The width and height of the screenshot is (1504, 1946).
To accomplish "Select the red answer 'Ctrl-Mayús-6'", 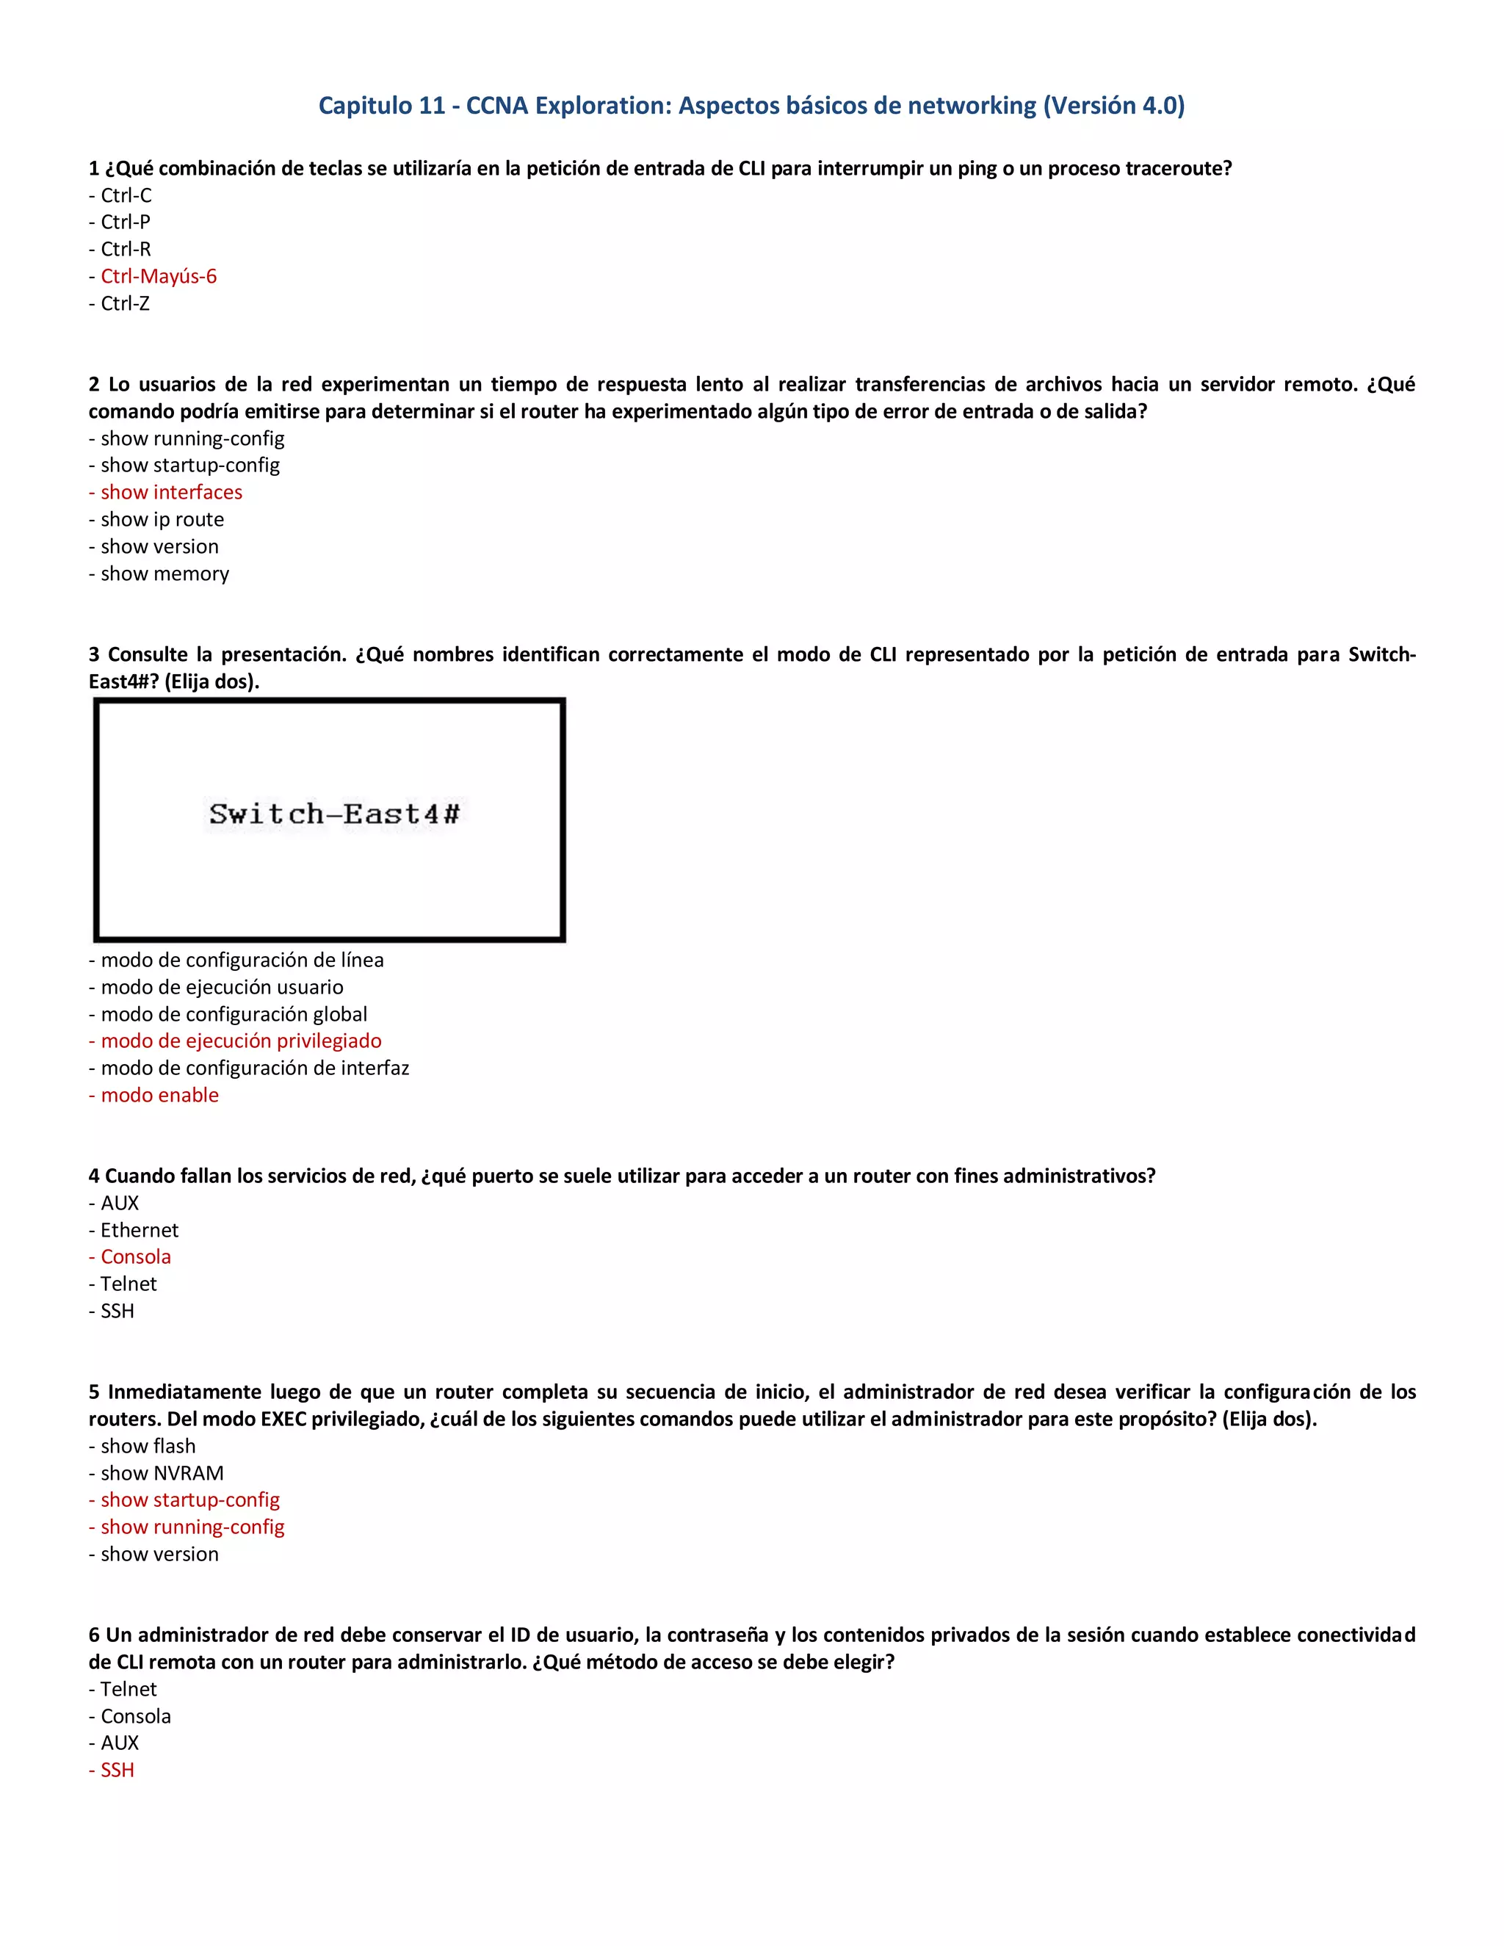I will point(158,276).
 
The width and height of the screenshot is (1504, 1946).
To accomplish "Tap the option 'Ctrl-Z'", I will point(125,304).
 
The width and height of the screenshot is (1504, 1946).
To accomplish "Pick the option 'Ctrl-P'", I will point(125,222).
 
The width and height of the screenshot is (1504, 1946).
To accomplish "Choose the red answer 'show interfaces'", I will point(171,493).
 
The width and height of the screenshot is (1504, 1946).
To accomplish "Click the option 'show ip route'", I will point(162,519).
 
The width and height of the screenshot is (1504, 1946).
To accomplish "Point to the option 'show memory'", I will point(164,574).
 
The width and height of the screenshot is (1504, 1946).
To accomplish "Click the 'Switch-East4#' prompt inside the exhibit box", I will point(334,814).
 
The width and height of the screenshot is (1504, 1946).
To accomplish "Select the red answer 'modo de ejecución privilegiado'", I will point(241,1041).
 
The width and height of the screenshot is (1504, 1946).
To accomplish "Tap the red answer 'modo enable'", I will point(159,1095).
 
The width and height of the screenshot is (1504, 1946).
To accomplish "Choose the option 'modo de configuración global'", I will point(234,1014).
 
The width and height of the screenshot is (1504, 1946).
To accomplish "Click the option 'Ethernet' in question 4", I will point(139,1231).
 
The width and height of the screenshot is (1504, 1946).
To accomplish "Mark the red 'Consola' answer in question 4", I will point(135,1257).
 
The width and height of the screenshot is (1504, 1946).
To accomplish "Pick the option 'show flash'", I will point(148,1446).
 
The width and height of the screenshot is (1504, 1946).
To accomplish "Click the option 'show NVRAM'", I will point(162,1474).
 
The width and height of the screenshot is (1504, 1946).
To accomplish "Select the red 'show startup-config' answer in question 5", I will point(189,1500).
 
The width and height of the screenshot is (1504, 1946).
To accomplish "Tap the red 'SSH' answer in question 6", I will point(117,1770).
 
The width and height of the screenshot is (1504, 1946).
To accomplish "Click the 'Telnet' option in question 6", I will point(129,1690).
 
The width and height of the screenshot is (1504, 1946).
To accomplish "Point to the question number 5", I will point(93,1392).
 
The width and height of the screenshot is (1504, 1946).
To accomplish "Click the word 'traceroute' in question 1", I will point(1178,168).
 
